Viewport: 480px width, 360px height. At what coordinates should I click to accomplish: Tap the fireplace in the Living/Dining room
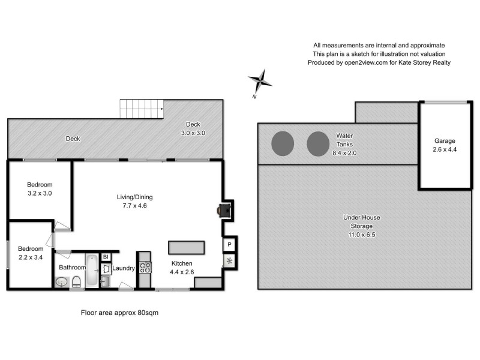coord(224,210)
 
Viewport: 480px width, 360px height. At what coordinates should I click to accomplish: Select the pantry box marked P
coord(230,245)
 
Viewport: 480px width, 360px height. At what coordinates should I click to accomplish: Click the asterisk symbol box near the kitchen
coord(230,261)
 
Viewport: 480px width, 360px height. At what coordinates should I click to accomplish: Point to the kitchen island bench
coord(187,248)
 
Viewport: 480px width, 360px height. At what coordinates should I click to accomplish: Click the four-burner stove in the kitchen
coord(145,267)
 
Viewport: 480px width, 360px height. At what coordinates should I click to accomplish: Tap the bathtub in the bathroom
coord(92,271)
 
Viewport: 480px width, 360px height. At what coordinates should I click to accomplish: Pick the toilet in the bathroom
coord(76,282)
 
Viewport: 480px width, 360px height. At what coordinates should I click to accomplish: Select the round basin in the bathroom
coord(61,282)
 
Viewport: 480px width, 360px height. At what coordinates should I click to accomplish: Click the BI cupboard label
coord(106,257)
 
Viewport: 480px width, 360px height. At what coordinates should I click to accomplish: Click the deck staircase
coord(142,109)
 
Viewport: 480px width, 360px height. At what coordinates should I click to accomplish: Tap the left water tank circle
coord(283,143)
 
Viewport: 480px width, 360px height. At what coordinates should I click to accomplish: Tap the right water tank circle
coord(319,143)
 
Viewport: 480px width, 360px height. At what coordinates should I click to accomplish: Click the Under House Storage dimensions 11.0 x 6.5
coord(362,235)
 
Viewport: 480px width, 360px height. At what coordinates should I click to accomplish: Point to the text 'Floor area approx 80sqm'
coord(119,313)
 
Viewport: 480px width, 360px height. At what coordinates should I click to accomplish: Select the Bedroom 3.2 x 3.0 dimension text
coord(40,194)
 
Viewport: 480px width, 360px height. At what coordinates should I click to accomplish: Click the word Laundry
coord(124,268)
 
